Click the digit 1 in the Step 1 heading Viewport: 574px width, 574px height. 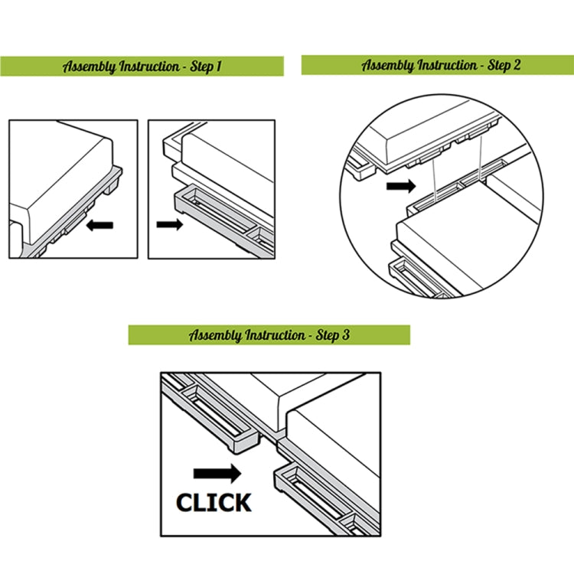(218, 67)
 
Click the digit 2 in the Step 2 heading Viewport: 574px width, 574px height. (516, 65)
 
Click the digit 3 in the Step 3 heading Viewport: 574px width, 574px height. (345, 334)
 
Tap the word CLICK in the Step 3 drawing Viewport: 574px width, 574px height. (214, 502)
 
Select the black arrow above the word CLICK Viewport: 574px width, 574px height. (217, 473)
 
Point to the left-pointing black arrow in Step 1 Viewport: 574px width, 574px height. (99, 225)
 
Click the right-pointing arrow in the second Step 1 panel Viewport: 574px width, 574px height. (170, 224)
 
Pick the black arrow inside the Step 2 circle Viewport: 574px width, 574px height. (401, 186)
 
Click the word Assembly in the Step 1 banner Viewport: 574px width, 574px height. (89, 67)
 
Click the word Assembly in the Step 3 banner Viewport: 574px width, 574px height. (215, 335)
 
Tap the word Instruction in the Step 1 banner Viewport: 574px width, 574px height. (150, 67)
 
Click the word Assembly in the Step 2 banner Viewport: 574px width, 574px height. (387, 66)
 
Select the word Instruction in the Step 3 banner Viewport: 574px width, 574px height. (276, 335)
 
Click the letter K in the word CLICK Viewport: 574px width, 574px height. (243, 502)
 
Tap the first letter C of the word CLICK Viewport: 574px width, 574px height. (184, 502)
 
